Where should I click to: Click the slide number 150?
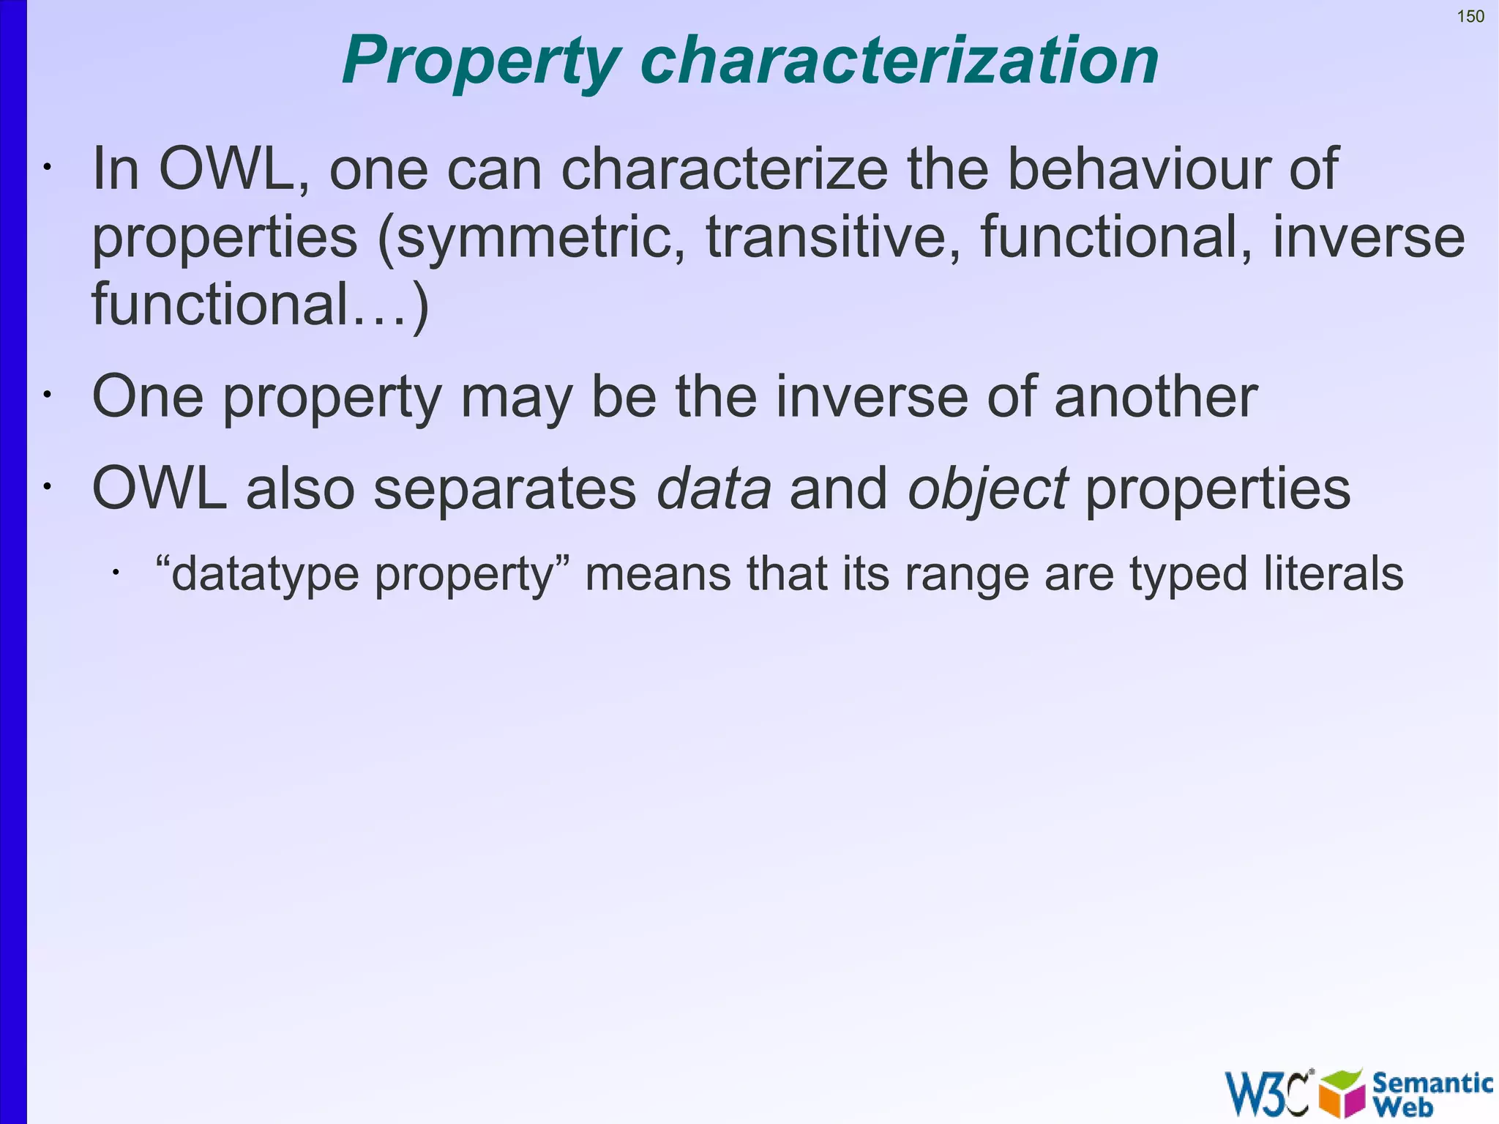(x=1470, y=17)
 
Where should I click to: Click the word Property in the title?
(x=481, y=62)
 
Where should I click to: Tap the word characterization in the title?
(x=899, y=60)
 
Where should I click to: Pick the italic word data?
(x=714, y=488)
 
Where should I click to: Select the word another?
(x=1155, y=396)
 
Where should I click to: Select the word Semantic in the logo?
(x=1432, y=1083)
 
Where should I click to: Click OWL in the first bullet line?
(x=226, y=169)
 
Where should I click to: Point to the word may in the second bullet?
(x=515, y=398)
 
